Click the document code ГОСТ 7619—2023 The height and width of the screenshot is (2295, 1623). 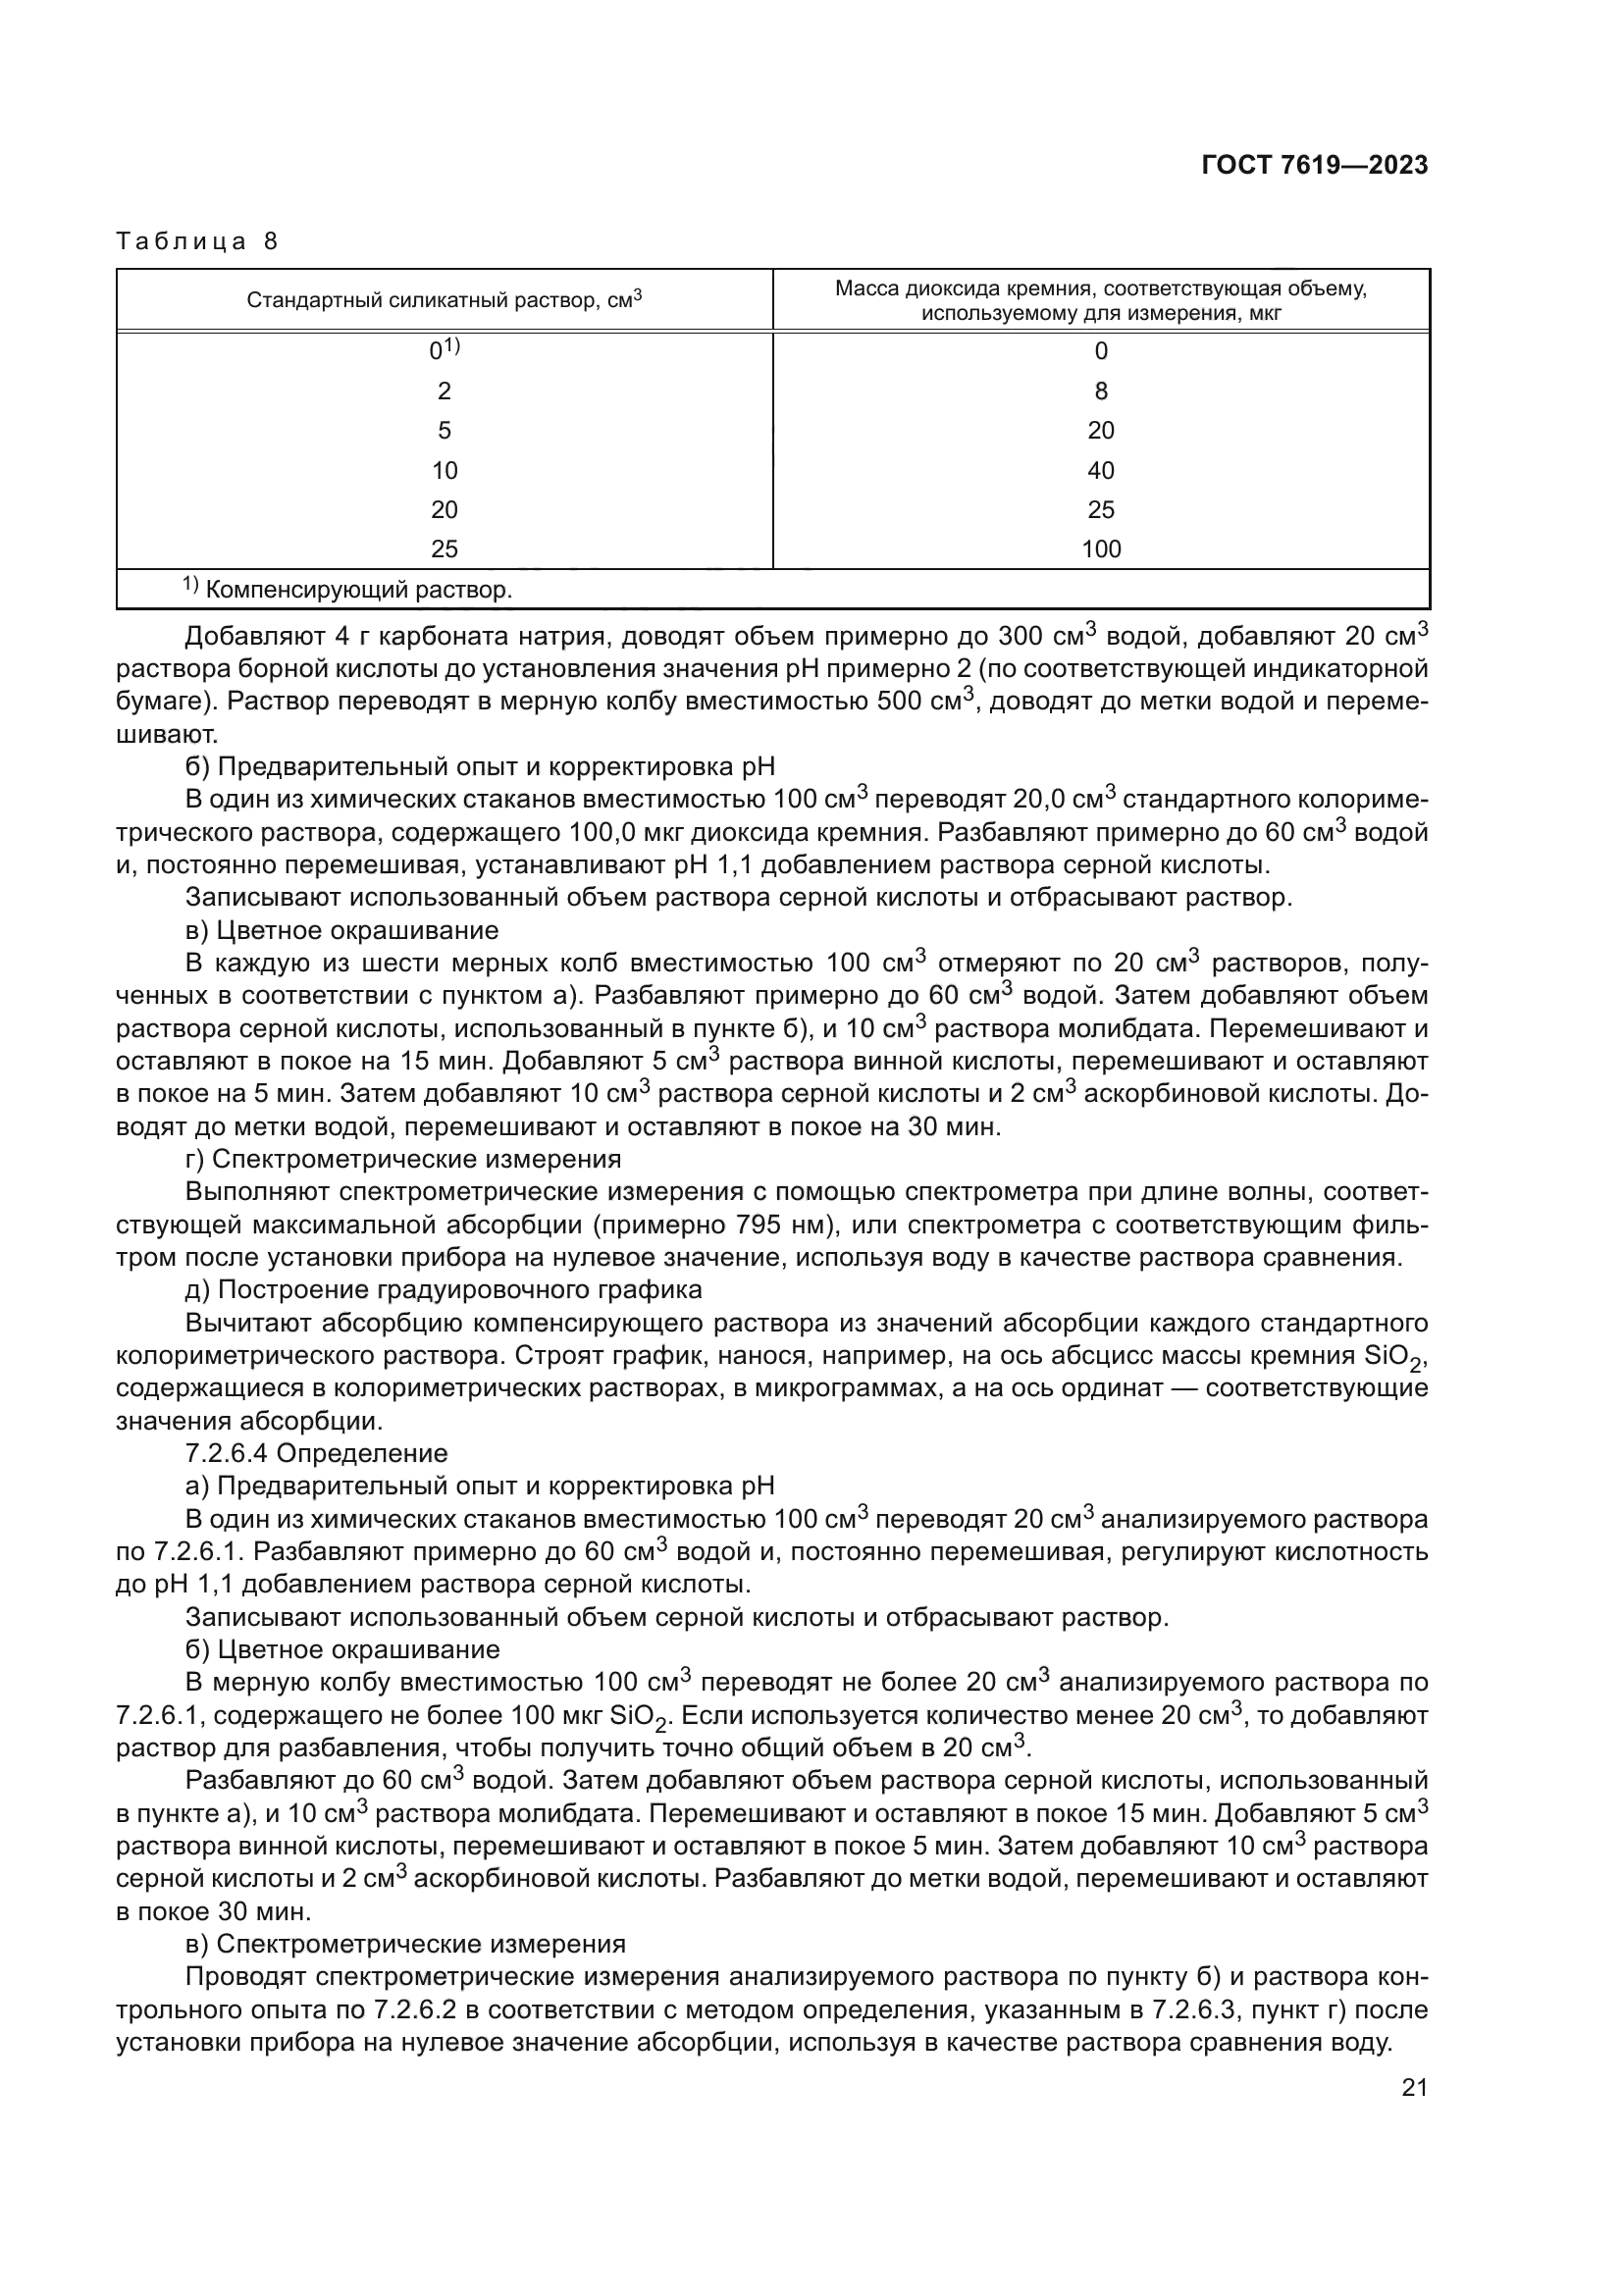pyautogui.click(x=1314, y=166)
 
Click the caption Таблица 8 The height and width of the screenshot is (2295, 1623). pyautogui.click(x=198, y=241)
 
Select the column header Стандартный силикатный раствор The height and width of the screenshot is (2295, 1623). pyautogui.click(x=444, y=299)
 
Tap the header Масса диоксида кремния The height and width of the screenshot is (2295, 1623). pyautogui.click(x=1100, y=300)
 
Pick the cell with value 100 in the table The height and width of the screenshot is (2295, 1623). pyautogui.click(x=1100, y=548)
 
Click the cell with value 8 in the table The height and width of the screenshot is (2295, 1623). pyautogui.click(x=1100, y=391)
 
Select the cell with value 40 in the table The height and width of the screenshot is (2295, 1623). pyautogui.click(x=1100, y=470)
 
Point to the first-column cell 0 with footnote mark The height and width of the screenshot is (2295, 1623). pyautogui.click(x=444, y=350)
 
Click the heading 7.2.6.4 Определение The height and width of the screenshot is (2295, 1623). pyautogui.click(x=317, y=1452)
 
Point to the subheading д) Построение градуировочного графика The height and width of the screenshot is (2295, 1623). pyautogui.click(x=444, y=1289)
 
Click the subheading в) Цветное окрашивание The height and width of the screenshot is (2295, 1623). pyautogui.click(x=341, y=929)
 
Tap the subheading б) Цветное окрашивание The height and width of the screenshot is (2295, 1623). pyautogui.click(x=342, y=1648)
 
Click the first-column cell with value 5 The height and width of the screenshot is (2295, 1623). pyautogui.click(x=444, y=430)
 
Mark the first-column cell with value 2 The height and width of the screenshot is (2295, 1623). pyautogui.click(x=444, y=391)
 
